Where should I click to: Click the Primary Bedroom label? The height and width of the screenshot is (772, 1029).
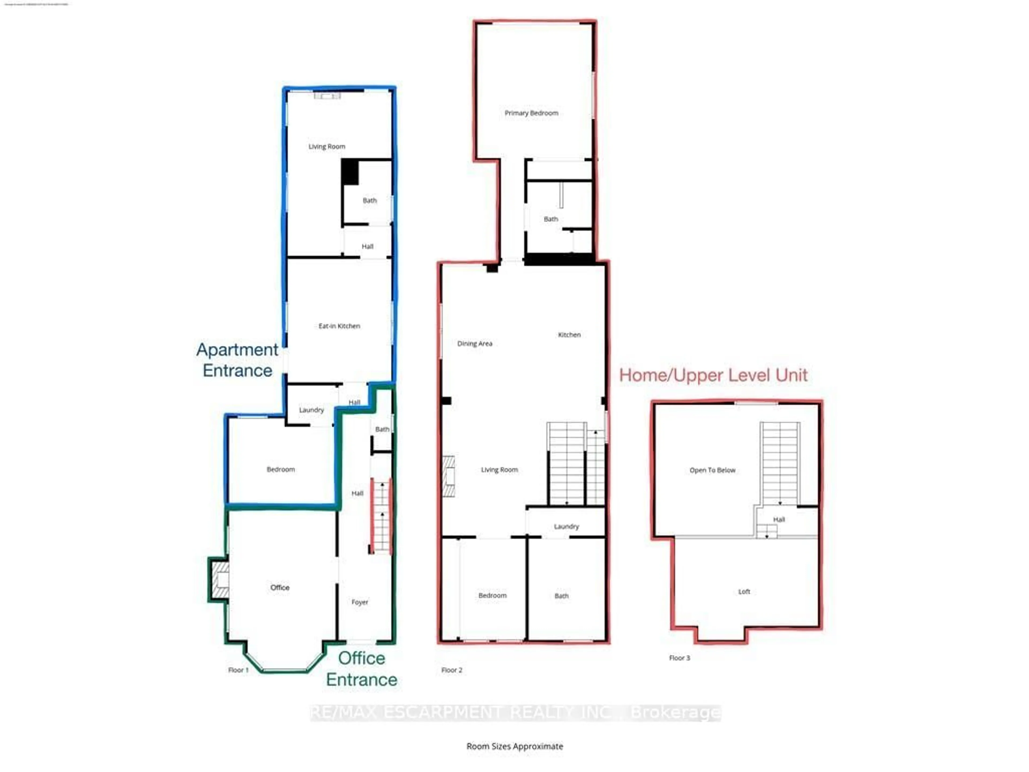pyautogui.click(x=531, y=113)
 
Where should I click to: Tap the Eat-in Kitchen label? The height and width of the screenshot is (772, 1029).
pyautogui.click(x=339, y=326)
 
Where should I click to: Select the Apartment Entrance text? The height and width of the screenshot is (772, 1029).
pyautogui.click(x=237, y=360)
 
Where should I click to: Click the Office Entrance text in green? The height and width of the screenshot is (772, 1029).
pyautogui.click(x=361, y=669)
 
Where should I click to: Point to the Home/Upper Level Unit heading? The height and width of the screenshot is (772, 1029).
pyautogui.click(x=713, y=375)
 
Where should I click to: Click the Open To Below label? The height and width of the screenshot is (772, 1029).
pyautogui.click(x=712, y=470)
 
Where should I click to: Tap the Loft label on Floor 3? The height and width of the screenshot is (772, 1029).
pyautogui.click(x=744, y=592)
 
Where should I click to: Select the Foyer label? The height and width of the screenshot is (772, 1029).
pyautogui.click(x=360, y=602)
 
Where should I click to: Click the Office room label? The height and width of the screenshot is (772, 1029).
pyautogui.click(x=279, y=588)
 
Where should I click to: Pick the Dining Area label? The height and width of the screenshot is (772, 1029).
pyautogui.click(x=475, y=343)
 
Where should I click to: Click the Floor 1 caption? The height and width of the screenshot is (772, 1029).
pyautogui.click(x=238, y=670)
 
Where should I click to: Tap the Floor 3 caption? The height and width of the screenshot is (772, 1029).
pyautogui.click(x=679, y=658)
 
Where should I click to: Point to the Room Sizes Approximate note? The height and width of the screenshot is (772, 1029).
pyautogui.click(x=514, y=746)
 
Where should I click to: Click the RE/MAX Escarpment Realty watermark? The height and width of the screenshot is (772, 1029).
pyautogui.click(x=515, y=713)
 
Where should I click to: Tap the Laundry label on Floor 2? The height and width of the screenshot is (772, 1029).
pyautogui.click(x=566, y=527)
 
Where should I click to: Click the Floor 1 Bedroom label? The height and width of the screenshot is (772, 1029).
pyautogui.click(x=281, y=469)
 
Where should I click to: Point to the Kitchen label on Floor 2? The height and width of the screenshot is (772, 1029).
pyautogui.click(x=569, y=335)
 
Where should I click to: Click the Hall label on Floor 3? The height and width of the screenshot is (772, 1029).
pyautogui.click(x=779, y=520)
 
